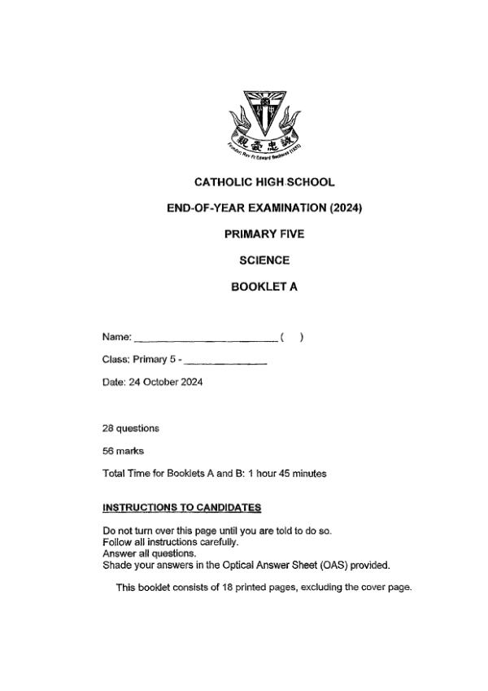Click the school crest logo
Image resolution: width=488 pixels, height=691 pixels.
[264, 122]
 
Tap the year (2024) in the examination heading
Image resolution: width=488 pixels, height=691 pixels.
[346, 208]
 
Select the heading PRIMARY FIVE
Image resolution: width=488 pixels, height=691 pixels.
[264, 234]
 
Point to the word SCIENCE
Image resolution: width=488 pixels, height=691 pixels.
[264, 260]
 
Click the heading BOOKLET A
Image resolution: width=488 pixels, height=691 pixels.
[264, 286]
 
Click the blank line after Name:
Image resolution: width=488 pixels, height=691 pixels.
[205, 337]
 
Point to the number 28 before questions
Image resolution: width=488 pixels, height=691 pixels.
[107, 428]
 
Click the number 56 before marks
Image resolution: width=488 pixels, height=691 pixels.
[107, 451]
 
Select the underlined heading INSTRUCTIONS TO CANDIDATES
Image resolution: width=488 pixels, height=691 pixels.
[181, 507]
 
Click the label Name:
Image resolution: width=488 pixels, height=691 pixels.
[116, 337]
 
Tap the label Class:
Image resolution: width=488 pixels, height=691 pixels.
[115, 360]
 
